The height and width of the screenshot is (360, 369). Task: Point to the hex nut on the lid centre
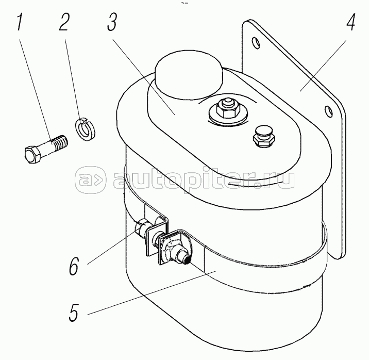pos(225,110)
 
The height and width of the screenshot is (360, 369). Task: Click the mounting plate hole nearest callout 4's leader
pos(327,110)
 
